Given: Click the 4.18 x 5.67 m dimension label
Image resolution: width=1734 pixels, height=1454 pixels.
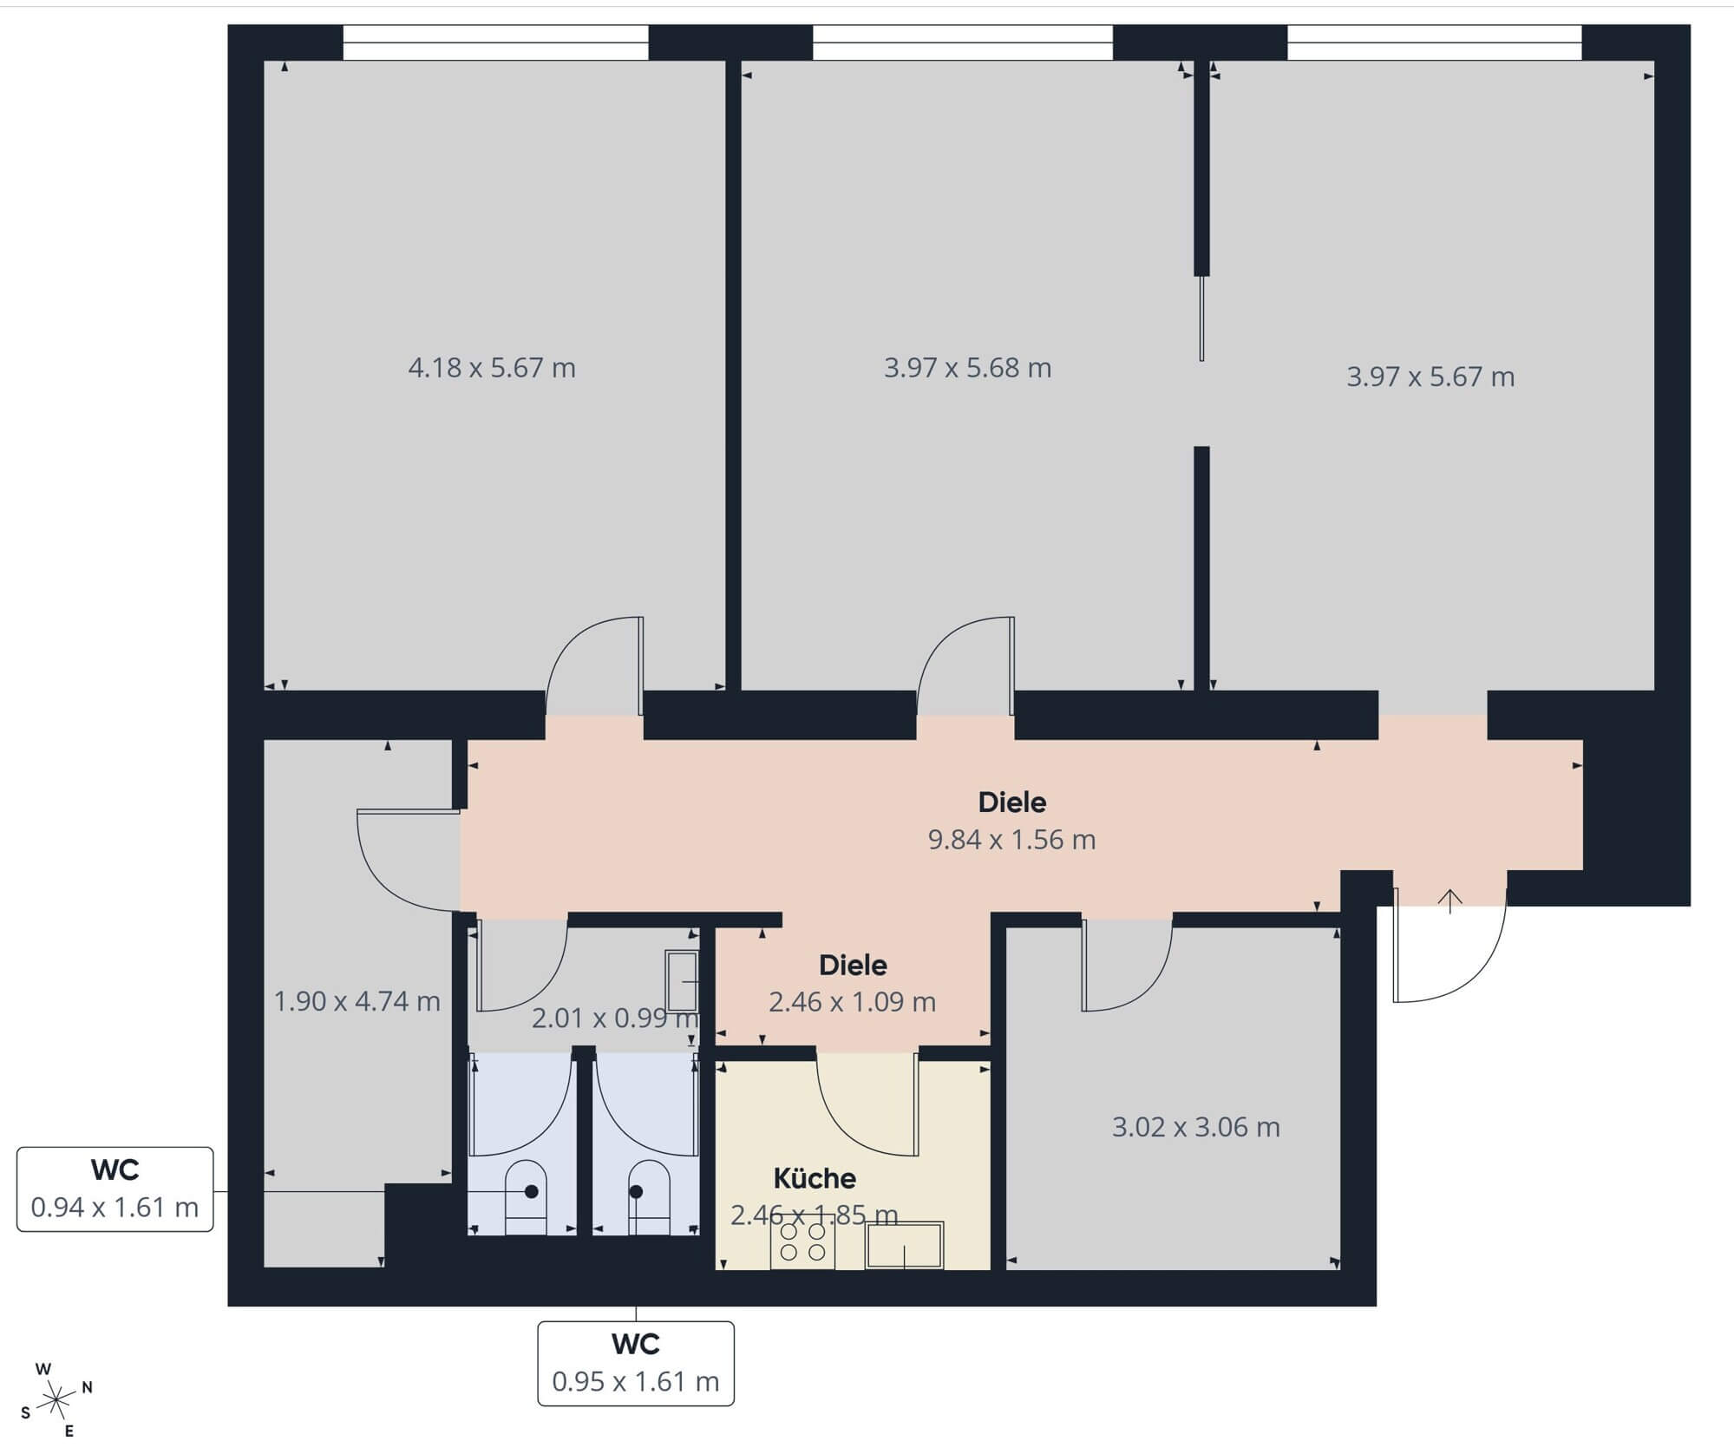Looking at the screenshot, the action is [x=492, y=368].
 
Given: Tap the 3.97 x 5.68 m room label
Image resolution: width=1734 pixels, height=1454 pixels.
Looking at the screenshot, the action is [x=968, y=368].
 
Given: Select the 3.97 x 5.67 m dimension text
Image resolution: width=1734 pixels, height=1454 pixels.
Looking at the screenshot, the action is [x=1430, y=377].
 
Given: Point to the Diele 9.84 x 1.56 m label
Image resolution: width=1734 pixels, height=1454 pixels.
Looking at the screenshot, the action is [x=1012, y=821].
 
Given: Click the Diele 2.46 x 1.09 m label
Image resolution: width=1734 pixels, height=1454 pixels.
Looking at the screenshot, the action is [x=853, y=984].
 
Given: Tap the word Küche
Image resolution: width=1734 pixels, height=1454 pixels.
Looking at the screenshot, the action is [x=815, y=1178].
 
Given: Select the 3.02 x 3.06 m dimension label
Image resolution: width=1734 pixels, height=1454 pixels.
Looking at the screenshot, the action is [x=1196, y=1127].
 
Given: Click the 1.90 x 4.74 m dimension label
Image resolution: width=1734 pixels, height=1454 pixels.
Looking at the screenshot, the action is [x=357, y=1002].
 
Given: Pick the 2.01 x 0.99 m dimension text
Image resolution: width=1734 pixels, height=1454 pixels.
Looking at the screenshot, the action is [x=615, y=1018].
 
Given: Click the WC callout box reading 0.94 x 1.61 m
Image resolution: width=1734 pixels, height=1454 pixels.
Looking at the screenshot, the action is [x=115, y=1189].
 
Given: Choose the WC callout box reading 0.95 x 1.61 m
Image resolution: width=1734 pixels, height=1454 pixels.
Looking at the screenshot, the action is [x=636, y=1363].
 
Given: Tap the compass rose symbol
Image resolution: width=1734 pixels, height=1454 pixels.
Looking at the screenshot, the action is [x=56, y=1398].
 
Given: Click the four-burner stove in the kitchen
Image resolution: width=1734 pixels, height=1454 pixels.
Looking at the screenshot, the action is [x=802, y=1241].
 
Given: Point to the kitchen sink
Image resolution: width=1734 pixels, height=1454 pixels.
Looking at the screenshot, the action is [x=905, y=1245].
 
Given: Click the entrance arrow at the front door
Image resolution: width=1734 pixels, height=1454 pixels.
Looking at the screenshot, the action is [x=1449, y=901].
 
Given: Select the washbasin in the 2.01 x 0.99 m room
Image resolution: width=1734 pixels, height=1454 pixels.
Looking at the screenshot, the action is [x=682, y=982].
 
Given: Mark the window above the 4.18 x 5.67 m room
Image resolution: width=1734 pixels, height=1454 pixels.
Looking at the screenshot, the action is [x=495, y=43].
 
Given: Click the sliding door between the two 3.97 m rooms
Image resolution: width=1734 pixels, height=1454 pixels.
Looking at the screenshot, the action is [x=1201, y=318].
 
